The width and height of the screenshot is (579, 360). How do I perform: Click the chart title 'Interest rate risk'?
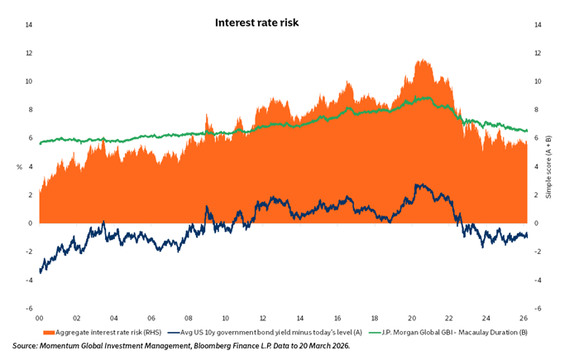tap(256, 22)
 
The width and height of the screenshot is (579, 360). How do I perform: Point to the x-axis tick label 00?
tap(39, 317)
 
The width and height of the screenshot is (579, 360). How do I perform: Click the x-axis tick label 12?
tap(263, 317)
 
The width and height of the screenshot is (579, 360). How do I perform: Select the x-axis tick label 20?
tap(413, 317)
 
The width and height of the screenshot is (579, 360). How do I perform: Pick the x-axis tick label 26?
tap(524, 317)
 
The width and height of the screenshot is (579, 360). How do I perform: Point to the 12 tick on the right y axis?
tap(538, 53)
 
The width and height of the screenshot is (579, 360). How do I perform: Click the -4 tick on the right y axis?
tap(538, 280)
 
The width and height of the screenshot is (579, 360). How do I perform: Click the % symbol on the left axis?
tap(19, 167)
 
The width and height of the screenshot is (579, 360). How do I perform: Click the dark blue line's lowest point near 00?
tap(40, 271)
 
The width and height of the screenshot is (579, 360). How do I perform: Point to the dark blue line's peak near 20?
tap(419, 185)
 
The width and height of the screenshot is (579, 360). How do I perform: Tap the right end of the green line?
tap(527, 131)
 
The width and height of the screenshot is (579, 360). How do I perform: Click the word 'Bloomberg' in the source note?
tap(219, 345)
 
